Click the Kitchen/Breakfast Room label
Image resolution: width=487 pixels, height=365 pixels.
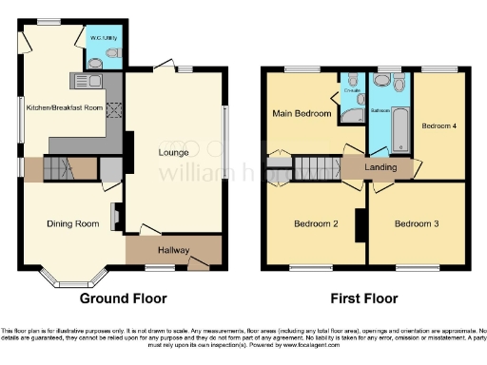(x=64, y=107)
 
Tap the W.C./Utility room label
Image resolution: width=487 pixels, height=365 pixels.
(x=102, y=38)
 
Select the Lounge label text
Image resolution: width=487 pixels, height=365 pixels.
(x=172, y=152)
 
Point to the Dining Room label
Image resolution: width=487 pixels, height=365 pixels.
(x=73, y=223)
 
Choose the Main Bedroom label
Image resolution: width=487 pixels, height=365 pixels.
(x=302, y=115)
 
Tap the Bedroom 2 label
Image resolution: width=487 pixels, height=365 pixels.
(x=316, y=223)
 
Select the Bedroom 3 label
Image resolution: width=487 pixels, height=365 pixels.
(x=416, y=223)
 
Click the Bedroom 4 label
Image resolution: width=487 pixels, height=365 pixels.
(x=439, y=125)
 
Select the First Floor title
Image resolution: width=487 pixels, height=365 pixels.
(x=363, y=298)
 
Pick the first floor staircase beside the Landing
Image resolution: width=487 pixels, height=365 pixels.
(x=312, y=169)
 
